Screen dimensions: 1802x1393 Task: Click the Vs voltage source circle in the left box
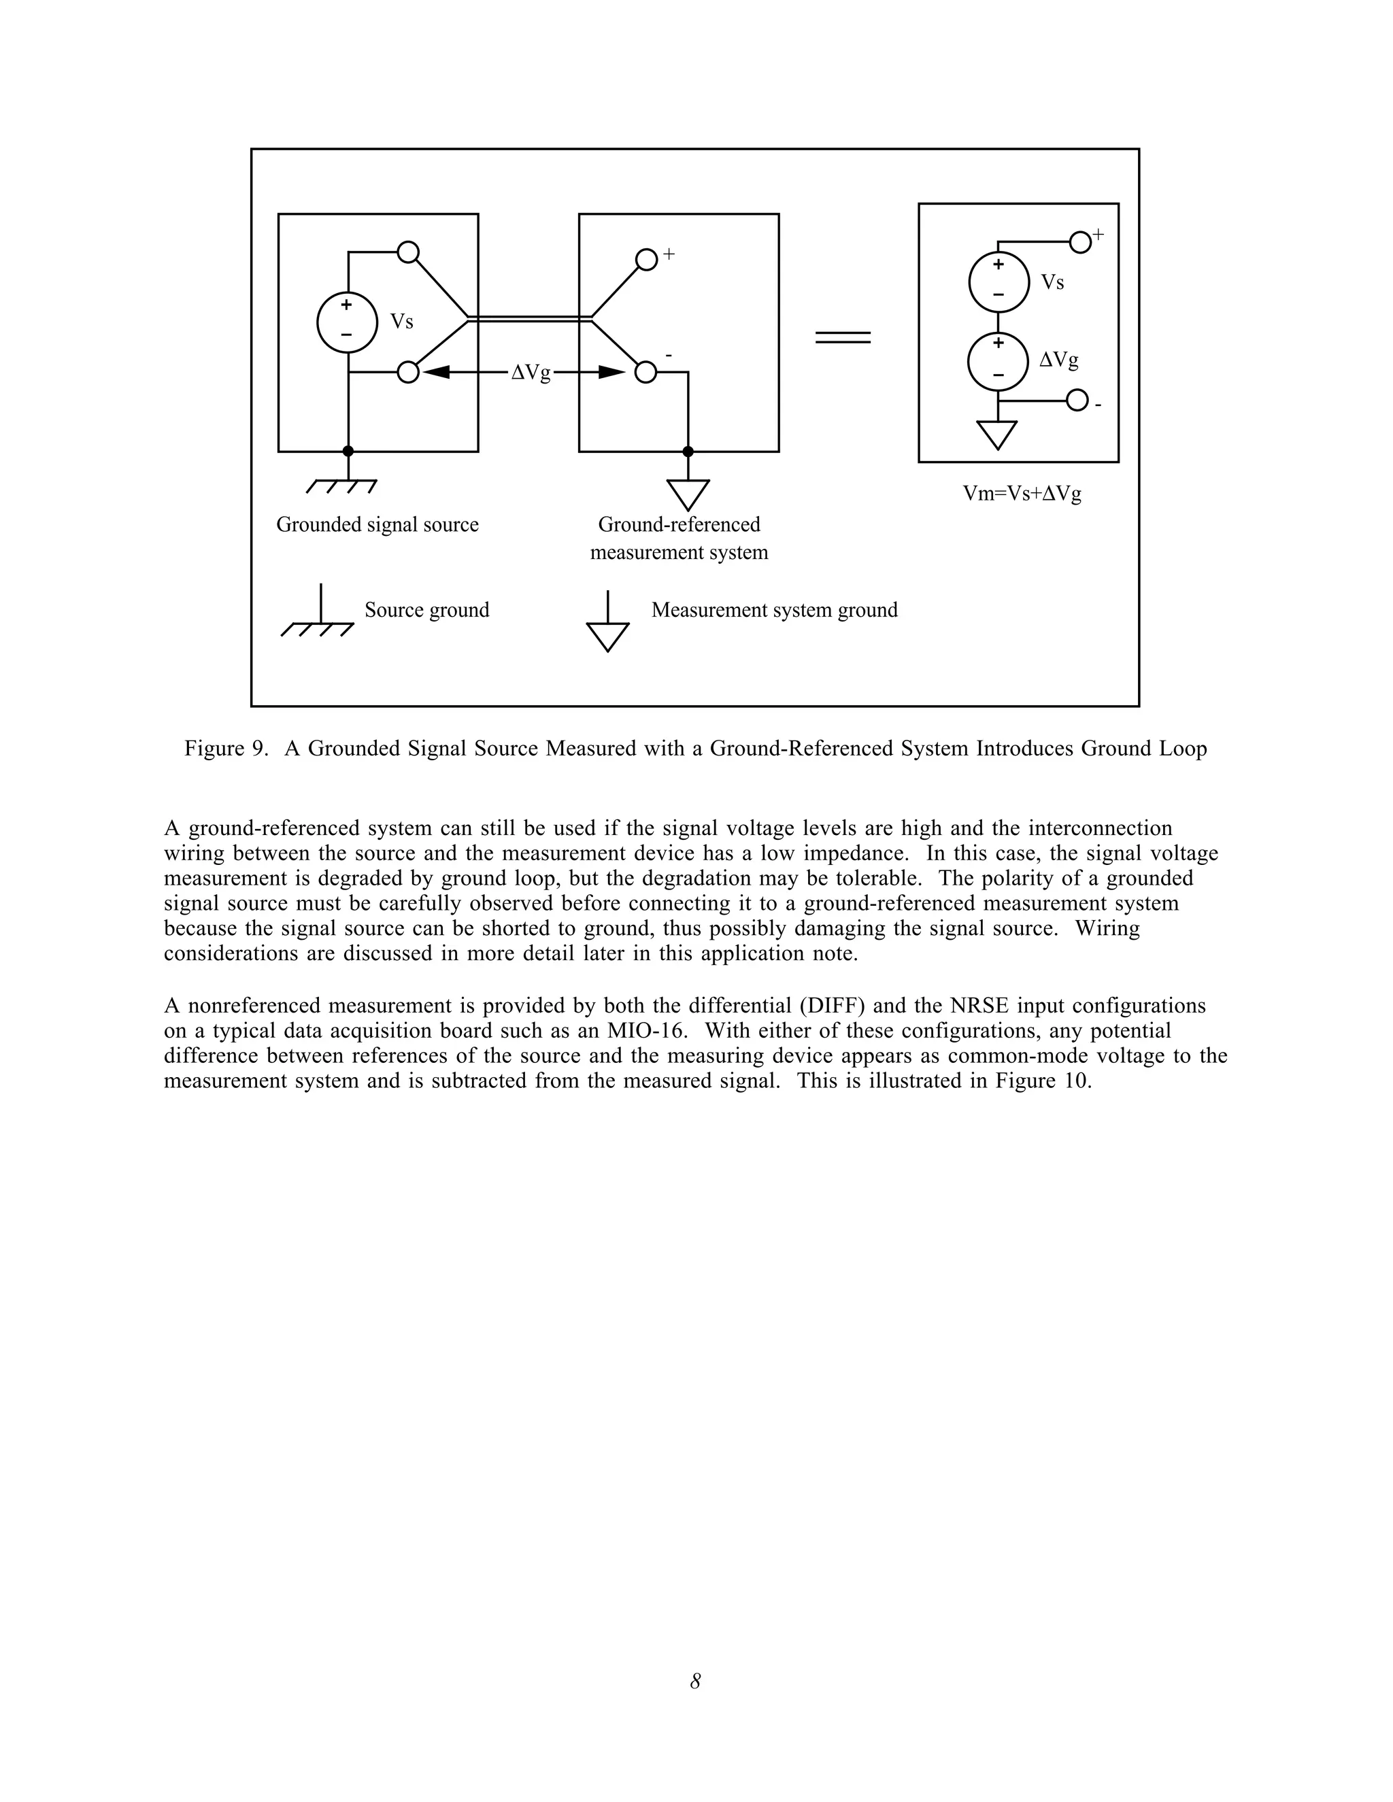click(347, 322)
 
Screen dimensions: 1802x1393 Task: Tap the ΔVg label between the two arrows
click(531, 373)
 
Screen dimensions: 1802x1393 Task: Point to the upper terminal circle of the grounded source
click(407, 252)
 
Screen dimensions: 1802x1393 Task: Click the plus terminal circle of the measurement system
click(646, 260)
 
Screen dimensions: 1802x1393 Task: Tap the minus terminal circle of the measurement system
click(646, 373)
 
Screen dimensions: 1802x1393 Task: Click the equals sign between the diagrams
click(843, 337)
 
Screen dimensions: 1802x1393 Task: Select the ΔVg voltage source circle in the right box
click(998, 360)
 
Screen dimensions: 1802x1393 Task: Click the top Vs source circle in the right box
click(998, 282)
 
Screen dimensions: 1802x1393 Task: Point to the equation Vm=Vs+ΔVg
click(1022, 494)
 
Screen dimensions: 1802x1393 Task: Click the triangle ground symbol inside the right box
click(997, 434)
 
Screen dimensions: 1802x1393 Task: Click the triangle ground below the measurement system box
click(688, 494)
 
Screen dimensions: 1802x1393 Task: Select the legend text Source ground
click(426, 610)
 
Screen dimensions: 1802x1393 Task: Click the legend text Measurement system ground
click(774, 610)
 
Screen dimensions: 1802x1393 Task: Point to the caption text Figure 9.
click(225, 749)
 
